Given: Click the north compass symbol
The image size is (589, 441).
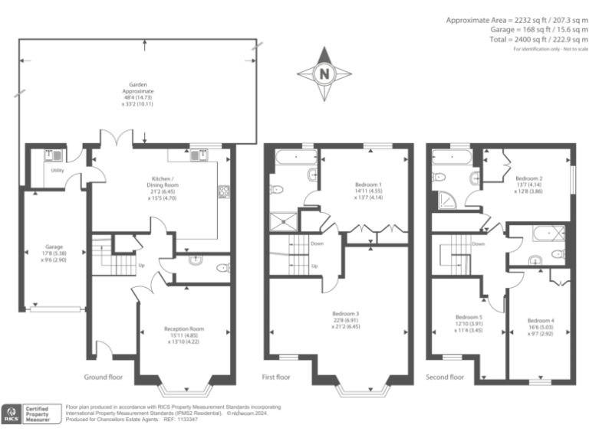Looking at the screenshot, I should tap(324, 73).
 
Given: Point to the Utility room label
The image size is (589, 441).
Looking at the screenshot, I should tap(58, 170).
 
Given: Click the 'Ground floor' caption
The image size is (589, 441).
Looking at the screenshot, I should tap(104, 377).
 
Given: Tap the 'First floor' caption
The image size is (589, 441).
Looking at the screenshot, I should tap(277, 377).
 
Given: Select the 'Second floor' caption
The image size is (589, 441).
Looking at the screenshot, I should tap(446, 377).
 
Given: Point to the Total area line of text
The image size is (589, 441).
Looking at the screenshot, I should tap(538, 39).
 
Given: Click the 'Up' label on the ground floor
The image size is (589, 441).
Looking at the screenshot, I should tap(141, 266).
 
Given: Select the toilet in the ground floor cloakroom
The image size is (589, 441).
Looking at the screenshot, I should tap(222, 268).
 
